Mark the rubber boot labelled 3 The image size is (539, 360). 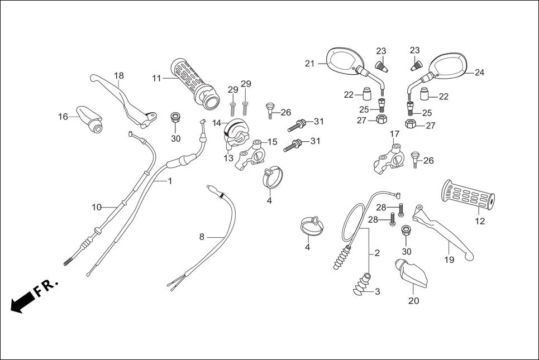(362, 284)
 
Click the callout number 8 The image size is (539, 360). (202, 237)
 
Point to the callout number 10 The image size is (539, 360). (97, 207)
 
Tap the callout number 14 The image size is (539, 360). (216, 123)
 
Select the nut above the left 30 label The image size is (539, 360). (176, 118)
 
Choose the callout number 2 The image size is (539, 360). (377, 253)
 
